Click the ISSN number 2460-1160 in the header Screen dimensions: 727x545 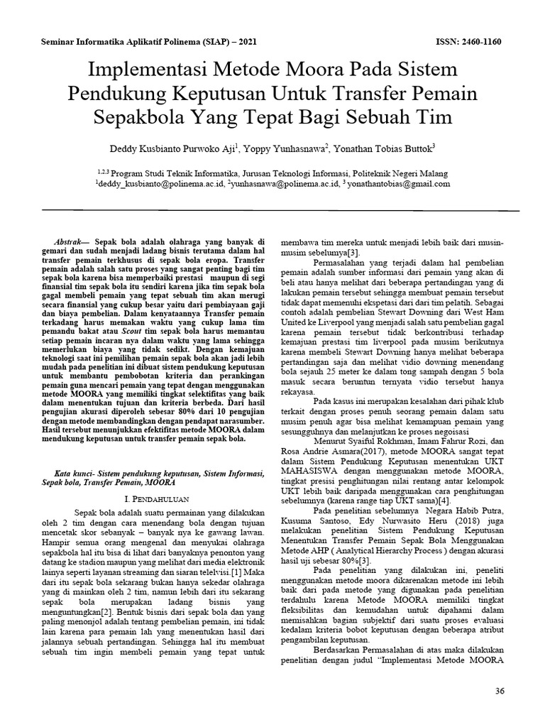(480, 42)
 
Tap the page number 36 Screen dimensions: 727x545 (498, 691)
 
